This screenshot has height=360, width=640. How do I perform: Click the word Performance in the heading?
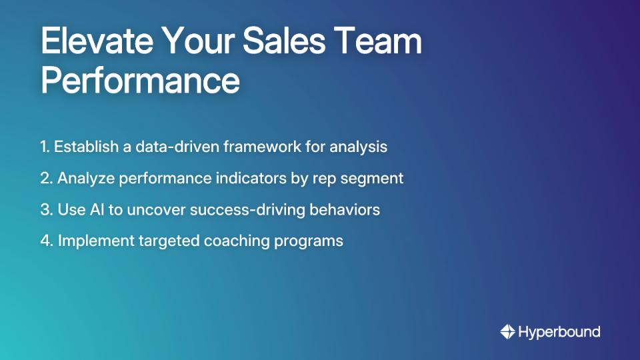140,81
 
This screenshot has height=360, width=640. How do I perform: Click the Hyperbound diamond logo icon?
507,331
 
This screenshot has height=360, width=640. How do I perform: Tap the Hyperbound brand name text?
559,331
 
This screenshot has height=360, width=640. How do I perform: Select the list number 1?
45,147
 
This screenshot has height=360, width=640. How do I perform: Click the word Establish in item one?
84,147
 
